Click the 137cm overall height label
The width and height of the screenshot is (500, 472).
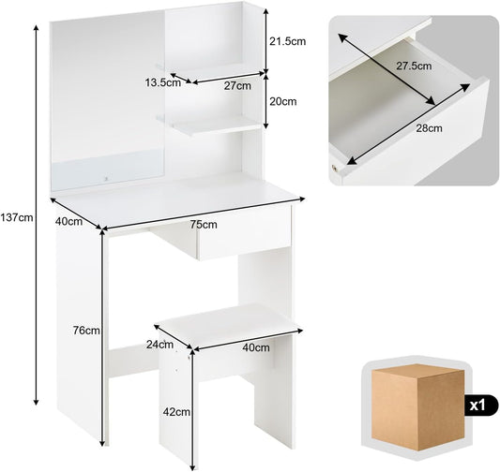17,217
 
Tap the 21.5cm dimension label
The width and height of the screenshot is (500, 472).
288,41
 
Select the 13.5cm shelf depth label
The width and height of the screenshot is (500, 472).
163,83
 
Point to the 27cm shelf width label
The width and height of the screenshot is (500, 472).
237,86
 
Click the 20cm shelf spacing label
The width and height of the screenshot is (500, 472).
283,101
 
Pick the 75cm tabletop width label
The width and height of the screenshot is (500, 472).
204,225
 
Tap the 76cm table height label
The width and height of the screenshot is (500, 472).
86,331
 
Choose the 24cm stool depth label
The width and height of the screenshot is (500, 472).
159,345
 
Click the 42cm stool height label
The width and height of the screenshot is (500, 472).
176,412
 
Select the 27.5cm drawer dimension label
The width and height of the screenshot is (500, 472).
414,66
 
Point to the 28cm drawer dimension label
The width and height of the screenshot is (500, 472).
429,128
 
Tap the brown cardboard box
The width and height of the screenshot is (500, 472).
417,407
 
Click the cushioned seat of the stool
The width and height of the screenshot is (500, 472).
229,326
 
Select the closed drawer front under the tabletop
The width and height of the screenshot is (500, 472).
245,234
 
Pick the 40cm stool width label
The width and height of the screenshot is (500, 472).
256,347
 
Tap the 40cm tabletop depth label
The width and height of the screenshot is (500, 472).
68,221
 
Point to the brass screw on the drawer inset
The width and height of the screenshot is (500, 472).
335,168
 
